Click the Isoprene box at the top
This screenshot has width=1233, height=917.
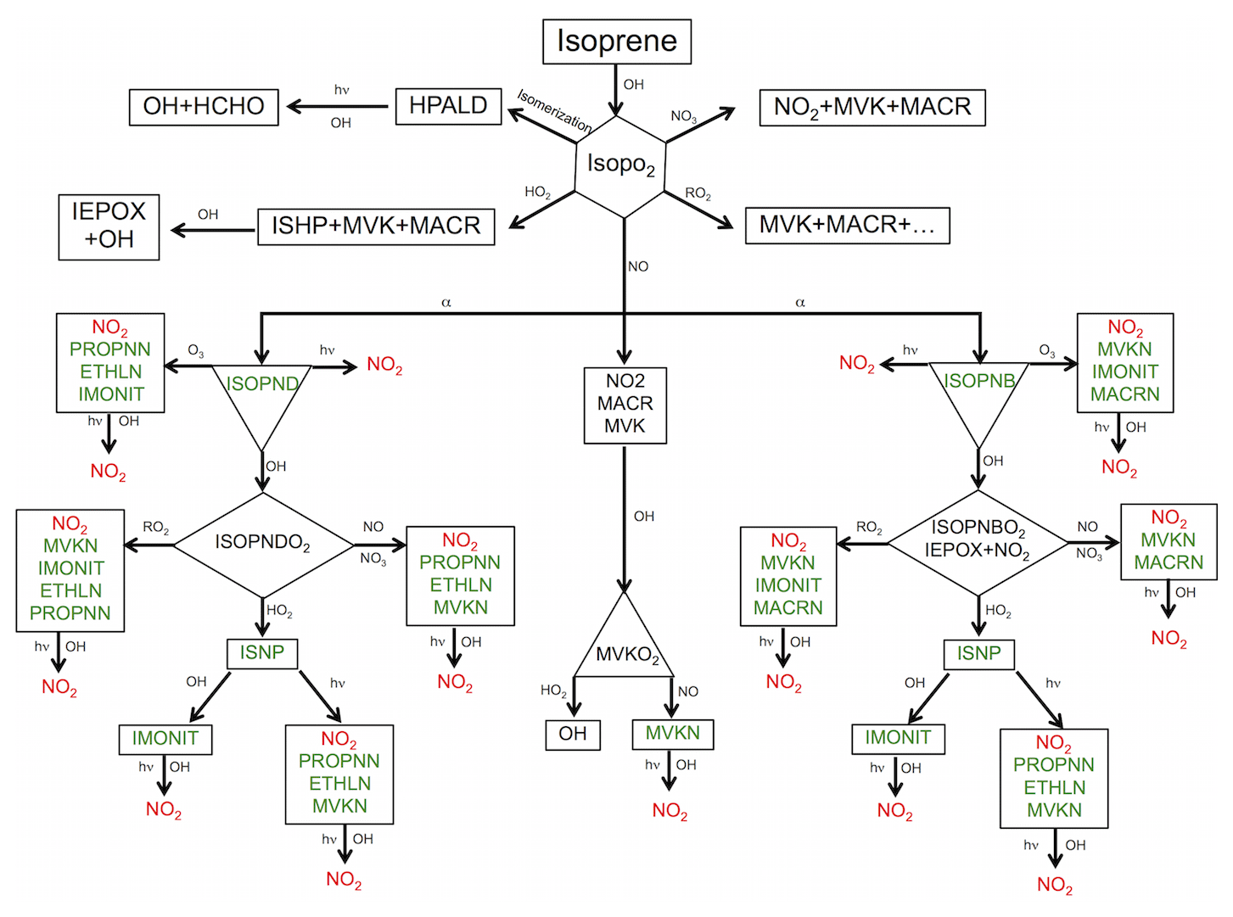[617, 42]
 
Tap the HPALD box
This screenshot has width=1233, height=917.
[448, 106]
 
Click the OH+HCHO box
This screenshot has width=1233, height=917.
[204, 107]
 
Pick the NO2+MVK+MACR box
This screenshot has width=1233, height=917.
[872, 107]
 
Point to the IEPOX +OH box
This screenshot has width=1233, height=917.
[109, 226]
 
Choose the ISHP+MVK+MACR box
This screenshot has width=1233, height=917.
[376, 226]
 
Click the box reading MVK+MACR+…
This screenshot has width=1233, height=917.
[847, 226]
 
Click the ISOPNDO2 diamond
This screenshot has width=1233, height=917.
[263, 543]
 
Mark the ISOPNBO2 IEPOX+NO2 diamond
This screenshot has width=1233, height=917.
[978, 540]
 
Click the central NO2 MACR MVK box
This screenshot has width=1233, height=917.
[625, 405]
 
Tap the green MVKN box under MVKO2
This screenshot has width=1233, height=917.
[673, 734]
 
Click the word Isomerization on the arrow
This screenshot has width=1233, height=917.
[555, 111]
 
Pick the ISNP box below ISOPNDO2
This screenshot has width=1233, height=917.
[262, 653]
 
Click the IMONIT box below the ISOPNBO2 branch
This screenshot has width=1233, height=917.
[898, 738]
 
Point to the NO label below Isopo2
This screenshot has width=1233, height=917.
[638, 267]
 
